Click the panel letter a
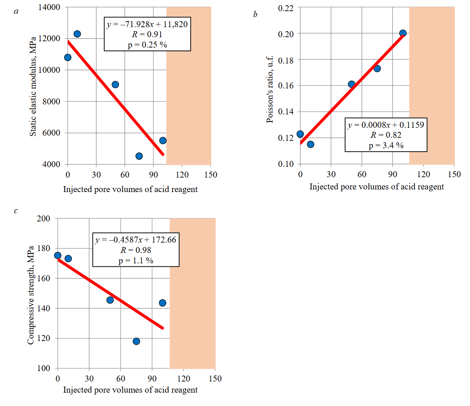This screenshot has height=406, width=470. pyautogui.click(x=16, y=12)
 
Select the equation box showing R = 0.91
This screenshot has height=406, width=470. pyautogui.click(x=147, y=34)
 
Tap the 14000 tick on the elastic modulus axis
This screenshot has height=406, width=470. pyautogui.click(x=49, y=7)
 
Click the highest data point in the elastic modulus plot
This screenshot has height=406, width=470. pyautogui.click(x=77, y=34)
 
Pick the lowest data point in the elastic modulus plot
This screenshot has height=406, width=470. pyautogui.click(x=139, y=156)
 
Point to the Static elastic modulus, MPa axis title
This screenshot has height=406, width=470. pyautogui.click(x=33, y=86)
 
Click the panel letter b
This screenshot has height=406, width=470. pyautogui.click(x=255, y=14)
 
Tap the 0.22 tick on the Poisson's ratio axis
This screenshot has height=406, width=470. pyautogui.click(x=286, y=8)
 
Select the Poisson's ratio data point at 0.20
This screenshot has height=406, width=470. pyautogui.click(x=403, y=33)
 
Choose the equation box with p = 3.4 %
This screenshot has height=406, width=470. pyautogui.click(x=386, y=135)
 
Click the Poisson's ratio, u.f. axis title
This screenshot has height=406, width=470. pyautogui.click(x=270, y=89)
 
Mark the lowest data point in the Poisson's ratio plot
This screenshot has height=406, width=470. pyautogui.click(x=310, y=144)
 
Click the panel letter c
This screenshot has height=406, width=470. pyautogui.click(x=16, y=211)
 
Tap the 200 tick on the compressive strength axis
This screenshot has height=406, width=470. pyautogui.click(x=44, y=218)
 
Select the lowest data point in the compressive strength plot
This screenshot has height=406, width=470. pyautogui.click(x=136, y=341)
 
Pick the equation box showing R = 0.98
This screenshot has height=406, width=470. pyautogui.click(x=136, y=250)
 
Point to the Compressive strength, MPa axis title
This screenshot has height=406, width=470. pyautogui.click(x=30, y=295)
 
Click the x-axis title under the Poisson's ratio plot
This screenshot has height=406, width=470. pyautogui.click(x=377, y=186)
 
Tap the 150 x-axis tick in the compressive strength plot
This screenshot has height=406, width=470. pyautogui.click(x=215, y=379)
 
